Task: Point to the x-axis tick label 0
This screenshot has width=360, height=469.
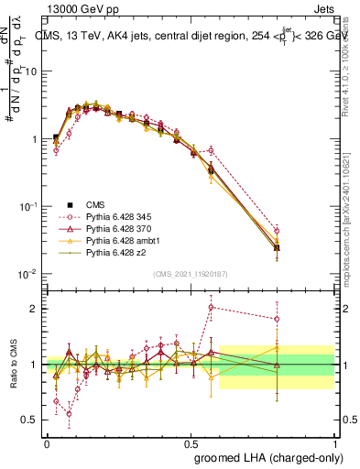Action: [47, 442]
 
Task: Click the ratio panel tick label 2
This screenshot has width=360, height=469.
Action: [34, 308]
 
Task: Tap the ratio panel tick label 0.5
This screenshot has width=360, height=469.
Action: [29, 420]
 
